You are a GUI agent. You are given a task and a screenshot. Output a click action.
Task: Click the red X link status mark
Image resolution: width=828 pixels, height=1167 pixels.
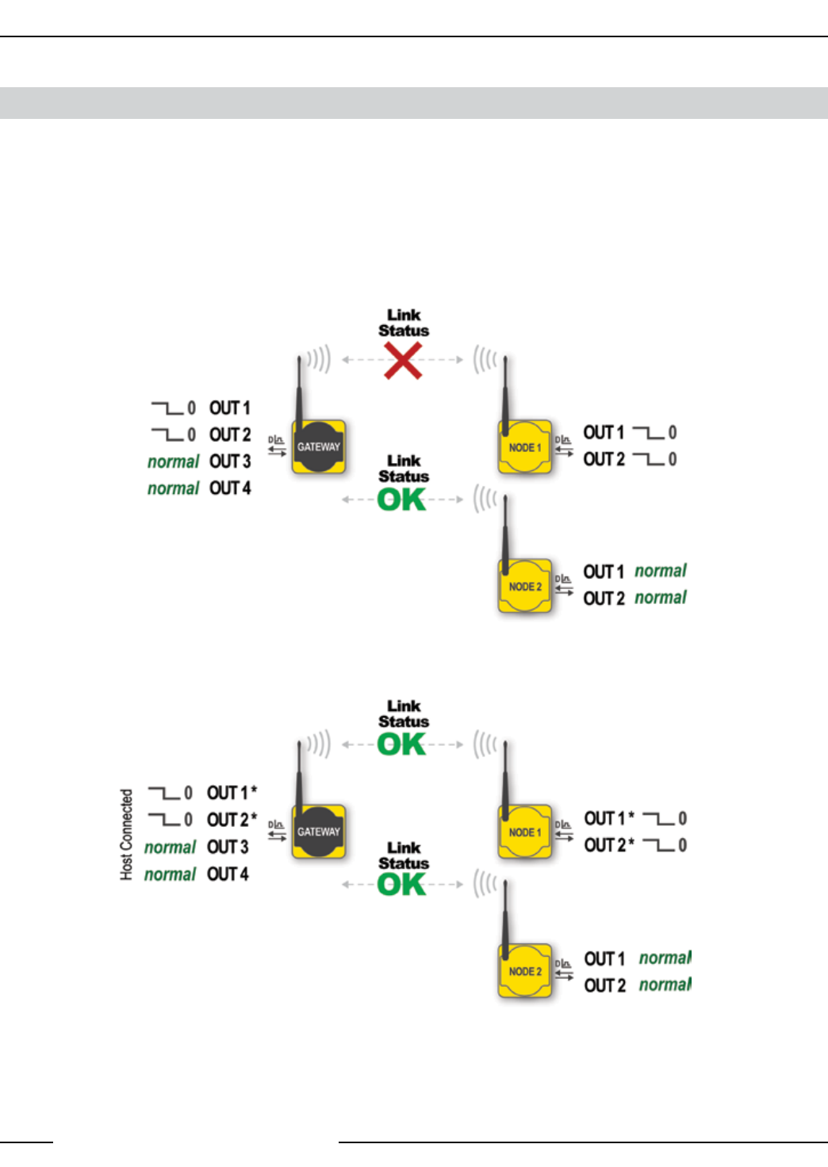(403, 361)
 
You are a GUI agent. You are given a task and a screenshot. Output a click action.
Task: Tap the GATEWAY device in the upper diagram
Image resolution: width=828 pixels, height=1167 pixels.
(318, 447)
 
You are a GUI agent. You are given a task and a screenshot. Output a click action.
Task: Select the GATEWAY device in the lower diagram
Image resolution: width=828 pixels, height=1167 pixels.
(318, 832)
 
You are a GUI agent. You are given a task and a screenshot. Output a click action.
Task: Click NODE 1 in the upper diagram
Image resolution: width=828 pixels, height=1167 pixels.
(524, 448)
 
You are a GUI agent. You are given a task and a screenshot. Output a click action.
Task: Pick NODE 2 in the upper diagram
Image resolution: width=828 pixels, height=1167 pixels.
(524, 587)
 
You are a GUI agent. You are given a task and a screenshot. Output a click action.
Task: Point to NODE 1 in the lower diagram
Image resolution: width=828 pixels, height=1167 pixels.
(524, 832)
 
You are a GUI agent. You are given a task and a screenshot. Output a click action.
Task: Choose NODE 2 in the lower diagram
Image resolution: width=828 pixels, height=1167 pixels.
(524, 971)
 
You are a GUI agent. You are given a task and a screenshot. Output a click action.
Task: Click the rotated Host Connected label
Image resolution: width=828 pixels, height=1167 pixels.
(126, 834)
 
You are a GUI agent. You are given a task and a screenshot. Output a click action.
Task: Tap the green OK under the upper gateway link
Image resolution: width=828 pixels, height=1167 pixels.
(402, 499)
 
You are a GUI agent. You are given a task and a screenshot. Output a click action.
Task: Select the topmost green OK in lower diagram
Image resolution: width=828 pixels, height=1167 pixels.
(402, 744)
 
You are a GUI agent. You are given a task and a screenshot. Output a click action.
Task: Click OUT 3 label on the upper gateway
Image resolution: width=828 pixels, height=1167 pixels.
(230, 461)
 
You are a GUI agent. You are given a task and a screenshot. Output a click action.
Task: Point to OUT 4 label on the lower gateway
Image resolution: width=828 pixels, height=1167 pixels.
(228, 874)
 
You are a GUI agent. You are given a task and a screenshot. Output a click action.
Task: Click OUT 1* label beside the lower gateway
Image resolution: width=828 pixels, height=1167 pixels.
(232, 793)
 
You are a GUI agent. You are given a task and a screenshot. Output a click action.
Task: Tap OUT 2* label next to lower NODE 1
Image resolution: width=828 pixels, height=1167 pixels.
(609, 845)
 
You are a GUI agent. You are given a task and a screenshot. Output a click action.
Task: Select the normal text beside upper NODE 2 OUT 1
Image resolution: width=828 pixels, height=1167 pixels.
(661, 571)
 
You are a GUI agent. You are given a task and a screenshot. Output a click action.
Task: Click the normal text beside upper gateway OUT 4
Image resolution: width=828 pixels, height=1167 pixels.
(173, 488)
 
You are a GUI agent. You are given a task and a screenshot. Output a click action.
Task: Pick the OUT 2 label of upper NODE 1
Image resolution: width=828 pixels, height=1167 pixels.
(604, 459)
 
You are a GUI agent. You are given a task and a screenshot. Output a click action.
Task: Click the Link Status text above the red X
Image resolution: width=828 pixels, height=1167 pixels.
(404, 323)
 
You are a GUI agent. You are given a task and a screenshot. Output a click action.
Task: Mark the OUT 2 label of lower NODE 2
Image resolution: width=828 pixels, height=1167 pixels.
(605, 985)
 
